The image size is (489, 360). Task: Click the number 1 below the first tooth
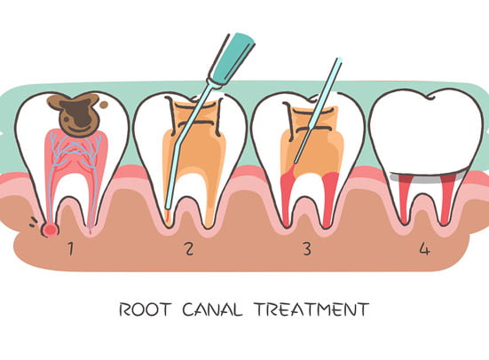coord(71,248)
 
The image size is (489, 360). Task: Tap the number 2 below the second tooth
coord(189,248)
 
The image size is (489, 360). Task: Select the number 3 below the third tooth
coord(307,248)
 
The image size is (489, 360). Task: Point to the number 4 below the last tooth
coord(424,248)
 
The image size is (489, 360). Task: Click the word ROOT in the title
coord(146,309)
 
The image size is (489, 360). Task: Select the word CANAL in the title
coord(212,309)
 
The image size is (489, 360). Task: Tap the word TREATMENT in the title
coord(312,309)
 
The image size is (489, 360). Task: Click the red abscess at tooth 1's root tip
coord(50,230)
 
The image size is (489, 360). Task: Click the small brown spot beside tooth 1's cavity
coord(104,105)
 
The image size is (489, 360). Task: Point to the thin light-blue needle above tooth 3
coord(318,111)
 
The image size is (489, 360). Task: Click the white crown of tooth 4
coord(427,132)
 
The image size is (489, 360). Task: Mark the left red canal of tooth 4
coord(404,200)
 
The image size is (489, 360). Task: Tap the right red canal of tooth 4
coord(447,200)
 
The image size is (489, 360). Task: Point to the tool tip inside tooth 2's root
coord(168,215)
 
